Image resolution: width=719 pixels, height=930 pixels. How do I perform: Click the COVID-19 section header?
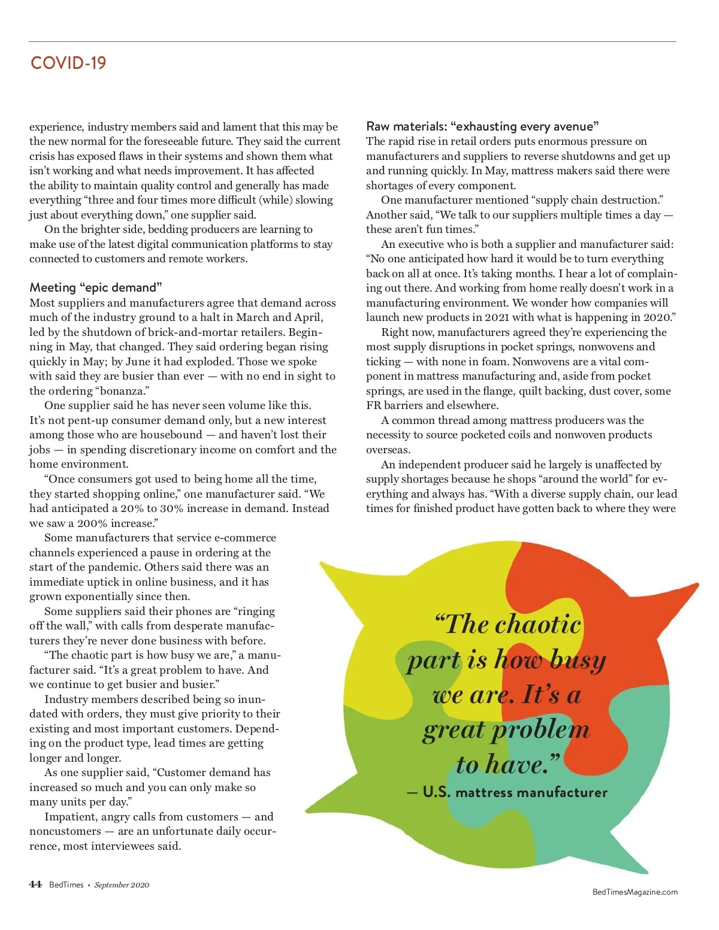68,63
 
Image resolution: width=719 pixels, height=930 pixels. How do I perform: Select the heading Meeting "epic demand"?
96,287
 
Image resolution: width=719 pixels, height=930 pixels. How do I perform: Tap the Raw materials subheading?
482,126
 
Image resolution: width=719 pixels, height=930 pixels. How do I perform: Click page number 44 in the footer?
35,884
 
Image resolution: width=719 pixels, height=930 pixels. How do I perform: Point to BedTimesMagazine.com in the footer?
635,892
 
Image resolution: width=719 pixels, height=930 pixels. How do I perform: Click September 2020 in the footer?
122,885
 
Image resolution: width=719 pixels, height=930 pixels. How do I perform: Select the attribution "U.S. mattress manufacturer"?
515,792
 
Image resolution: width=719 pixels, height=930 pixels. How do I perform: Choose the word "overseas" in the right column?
388,450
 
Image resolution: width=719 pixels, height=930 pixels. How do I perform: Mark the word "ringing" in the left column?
256,611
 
